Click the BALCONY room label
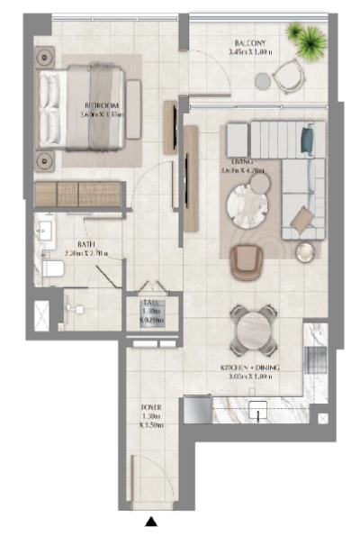coord(248,42)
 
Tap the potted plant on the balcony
coord(306,39)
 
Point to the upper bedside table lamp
coord(44,57)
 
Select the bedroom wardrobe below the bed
coord(79,194)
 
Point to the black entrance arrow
coord(152,520)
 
